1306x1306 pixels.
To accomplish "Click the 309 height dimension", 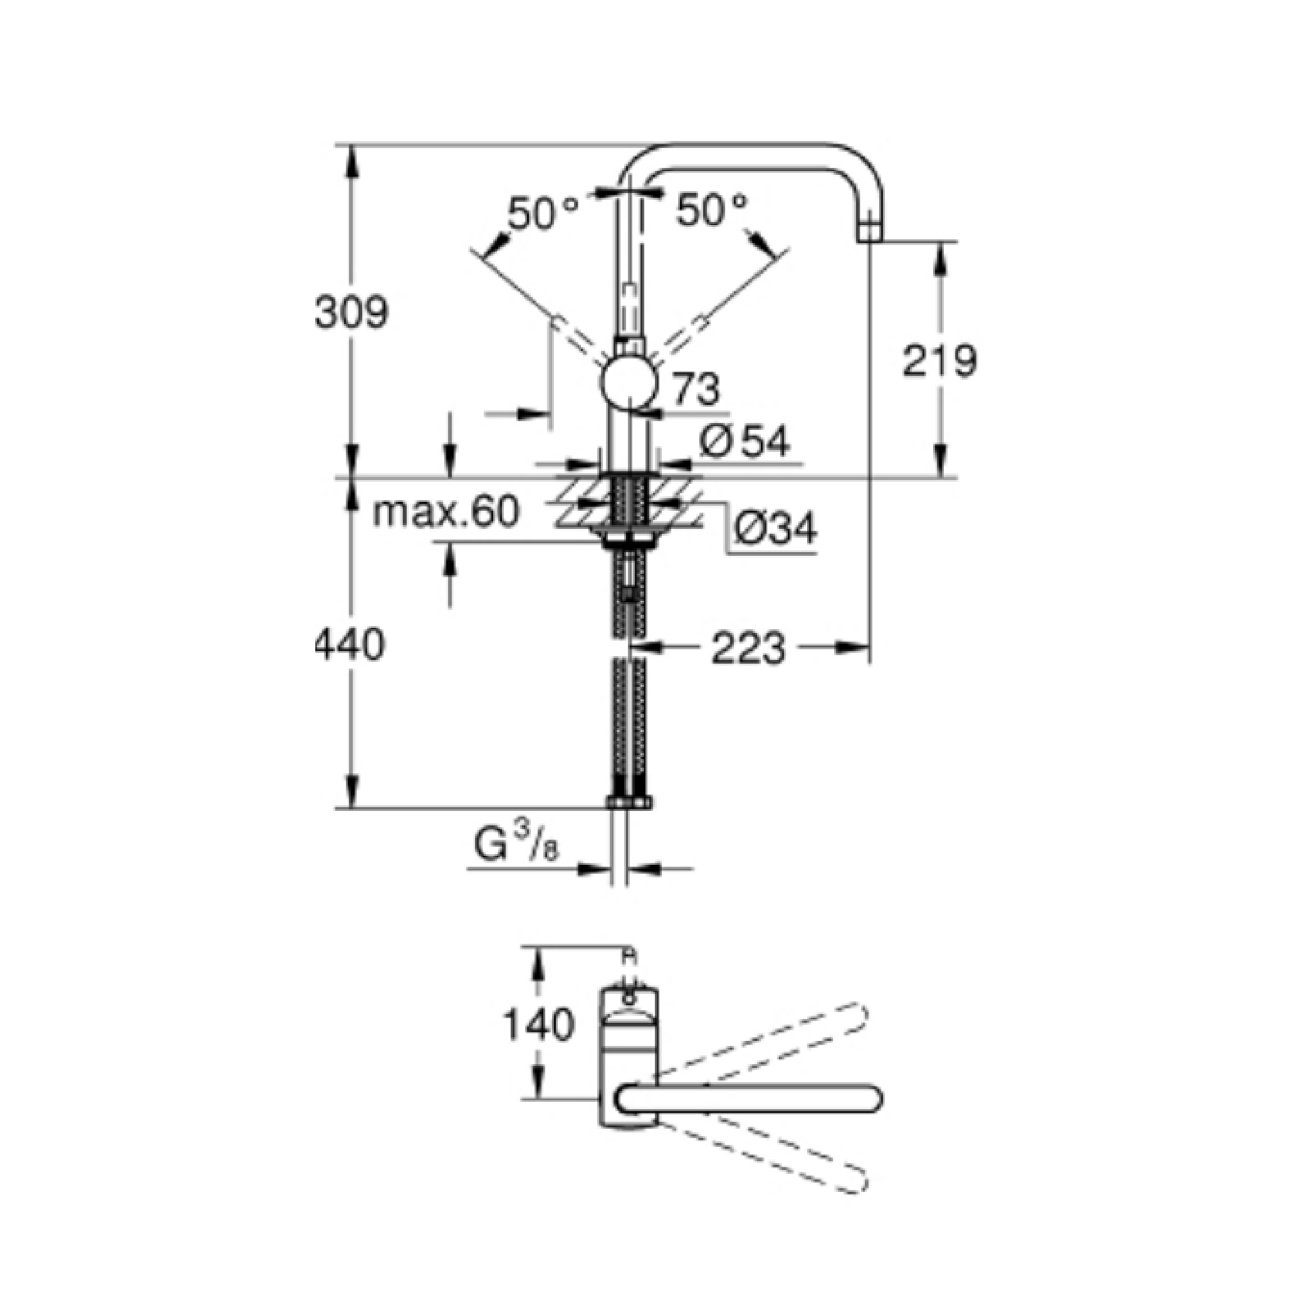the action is [x=352, y=311].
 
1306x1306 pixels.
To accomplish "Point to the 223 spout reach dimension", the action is [x=748, y=647].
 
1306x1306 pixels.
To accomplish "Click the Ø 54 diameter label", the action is [x=744, y=443].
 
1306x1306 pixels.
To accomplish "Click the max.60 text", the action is [x=446, y=512].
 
